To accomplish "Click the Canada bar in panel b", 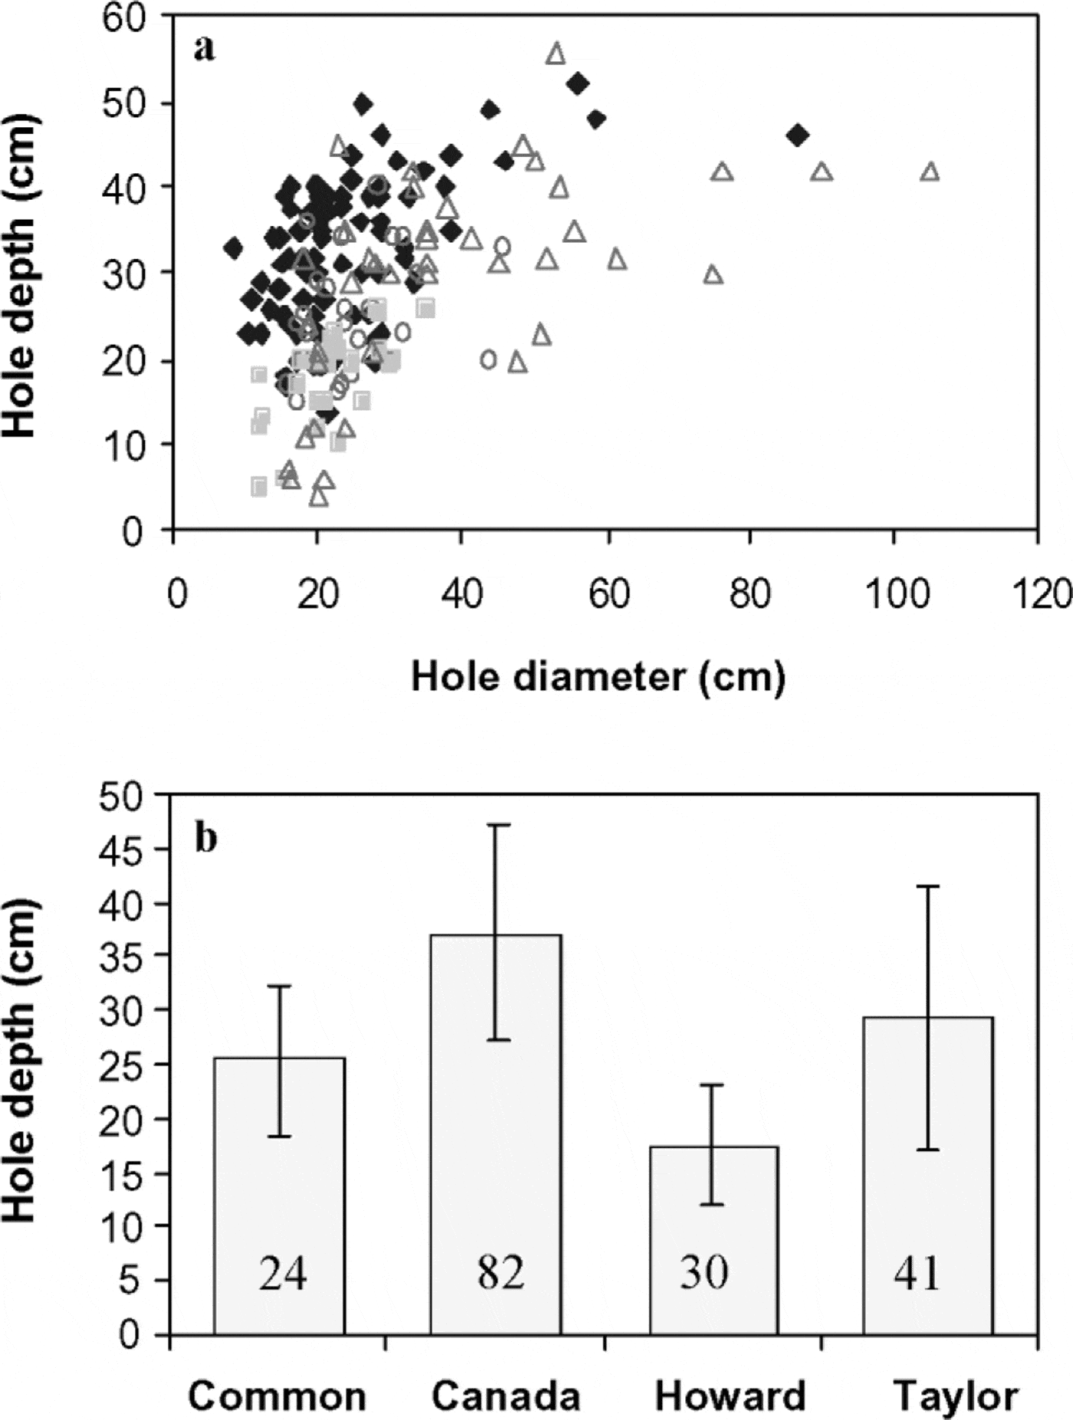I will click(496, 1134).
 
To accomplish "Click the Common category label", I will click(277, 1395).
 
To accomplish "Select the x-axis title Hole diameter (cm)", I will click(599, 677).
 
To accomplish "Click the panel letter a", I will click(204, 49).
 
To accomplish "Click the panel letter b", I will click(205, 839).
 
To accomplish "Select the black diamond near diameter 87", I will click(798, 136).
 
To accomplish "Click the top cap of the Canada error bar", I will click(497, 825).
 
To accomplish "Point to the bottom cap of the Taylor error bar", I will click(928, 1150).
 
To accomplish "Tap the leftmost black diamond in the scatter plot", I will click(233, 248).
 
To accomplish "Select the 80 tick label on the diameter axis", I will click(750, 594).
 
